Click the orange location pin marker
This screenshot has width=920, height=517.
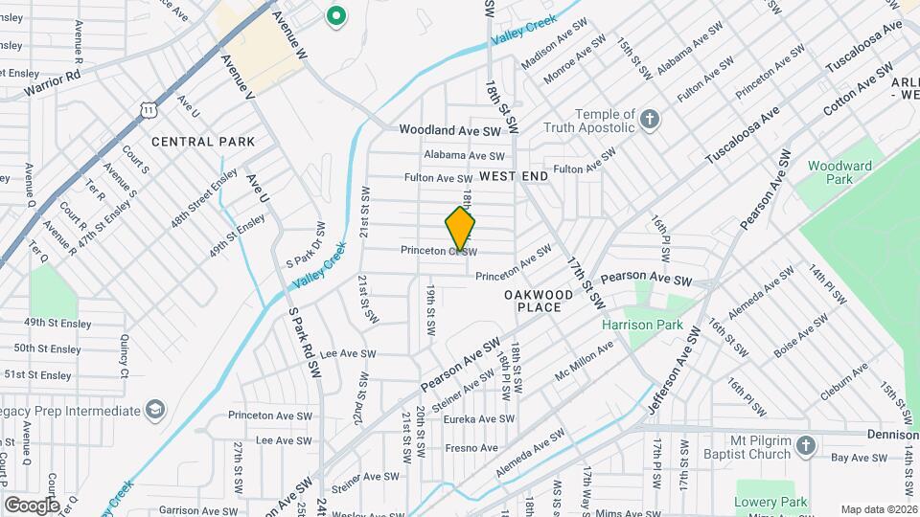click(461, 229)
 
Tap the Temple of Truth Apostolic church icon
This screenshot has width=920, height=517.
click(651, 120)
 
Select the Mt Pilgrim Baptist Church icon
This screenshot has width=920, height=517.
click(805, 445)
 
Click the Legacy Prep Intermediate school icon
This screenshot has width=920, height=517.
click(152, 411)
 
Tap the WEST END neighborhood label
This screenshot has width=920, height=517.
click(514, 176)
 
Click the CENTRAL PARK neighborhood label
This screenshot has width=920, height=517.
click(203, 142)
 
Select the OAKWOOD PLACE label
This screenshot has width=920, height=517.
click(539, 301)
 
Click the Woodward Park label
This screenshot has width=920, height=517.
click(839, 172)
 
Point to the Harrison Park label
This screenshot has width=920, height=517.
click(642, 325)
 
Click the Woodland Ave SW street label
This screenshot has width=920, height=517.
click(450, 129)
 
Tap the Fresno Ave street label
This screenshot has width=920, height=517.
click(471, 447)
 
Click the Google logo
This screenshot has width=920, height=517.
click(32, 505)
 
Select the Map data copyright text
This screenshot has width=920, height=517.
click(879, 509)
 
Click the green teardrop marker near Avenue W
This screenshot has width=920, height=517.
click(335, 15)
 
